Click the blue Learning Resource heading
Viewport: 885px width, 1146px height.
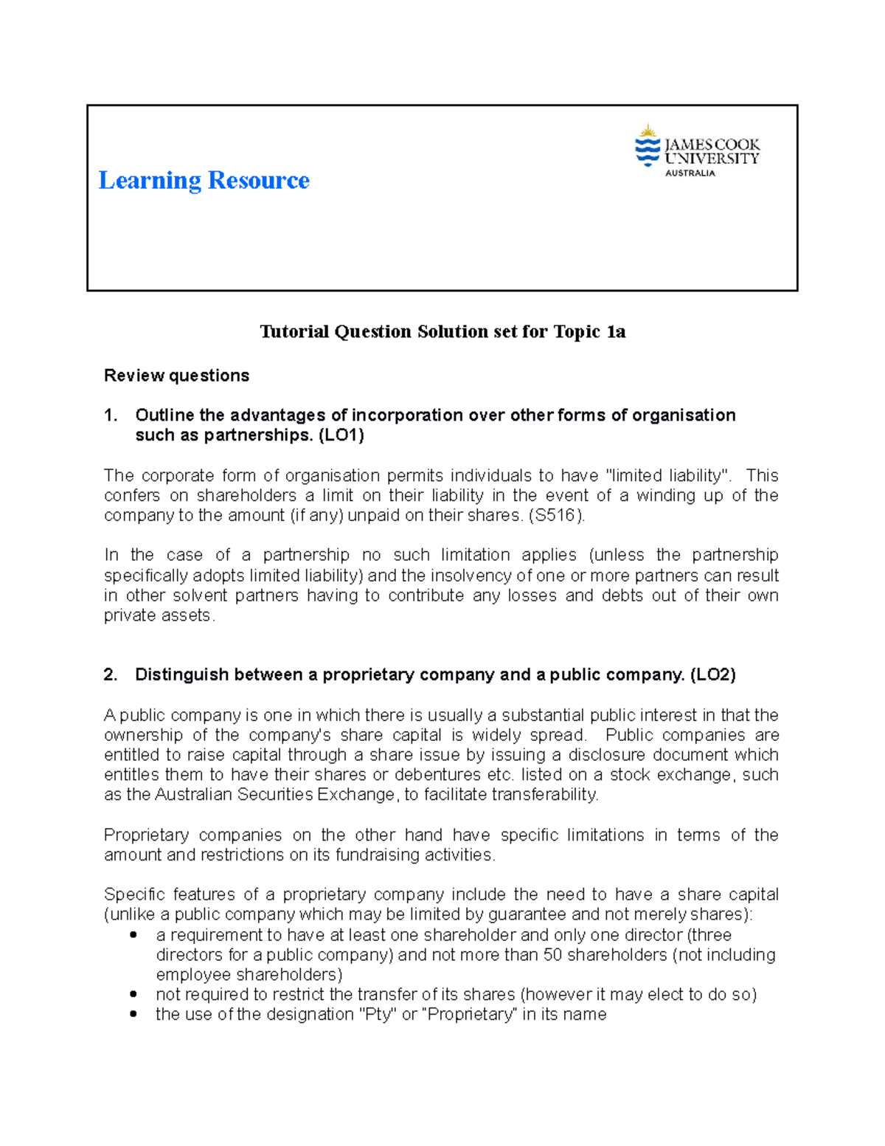[x=204, y=180]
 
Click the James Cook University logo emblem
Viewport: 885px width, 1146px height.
[x=648, y=145]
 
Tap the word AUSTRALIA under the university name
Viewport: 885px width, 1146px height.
[x=690, y=173]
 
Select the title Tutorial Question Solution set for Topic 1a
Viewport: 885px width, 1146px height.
[x=442, y=332]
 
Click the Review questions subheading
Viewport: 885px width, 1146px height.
[x=176, y=376]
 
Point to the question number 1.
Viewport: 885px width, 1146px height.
[x=111, y=415]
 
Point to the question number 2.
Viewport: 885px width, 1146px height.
[x=111, y=674]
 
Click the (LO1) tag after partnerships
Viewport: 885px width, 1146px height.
[x=341, y=435]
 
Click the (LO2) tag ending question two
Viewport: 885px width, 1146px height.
[x=712, y=674]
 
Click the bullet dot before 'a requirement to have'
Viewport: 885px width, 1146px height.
[x=133, y=935]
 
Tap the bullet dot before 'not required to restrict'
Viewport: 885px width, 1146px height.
[x=133, y=995]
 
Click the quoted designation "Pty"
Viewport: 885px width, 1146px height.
[x=377, y=1015]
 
